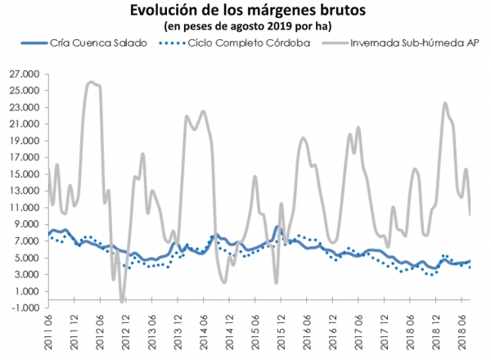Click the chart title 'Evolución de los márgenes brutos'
[245, 11]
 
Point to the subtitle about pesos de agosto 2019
[245, 27]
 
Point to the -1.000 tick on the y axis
[25, 308]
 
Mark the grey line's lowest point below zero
[122, 301]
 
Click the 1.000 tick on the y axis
[25, 290]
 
